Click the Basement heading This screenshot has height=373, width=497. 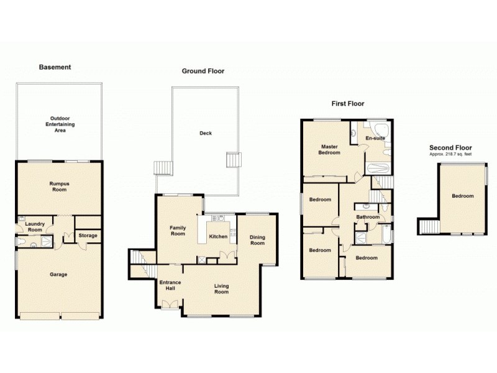click(x=55, y=67)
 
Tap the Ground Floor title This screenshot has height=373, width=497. click(x=203, y=71)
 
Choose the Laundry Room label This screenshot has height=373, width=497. click(x=35, y=227)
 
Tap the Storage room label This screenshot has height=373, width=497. click(x=87, y=236)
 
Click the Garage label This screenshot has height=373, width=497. click(x=58, y=274)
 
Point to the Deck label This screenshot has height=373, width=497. click(x=205, y=133)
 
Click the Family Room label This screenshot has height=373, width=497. click(x=178, y=231)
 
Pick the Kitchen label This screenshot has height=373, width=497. click(x=218, y=237)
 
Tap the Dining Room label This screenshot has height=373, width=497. click(x=257, y=240)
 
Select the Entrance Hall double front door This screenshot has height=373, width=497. click(x=168, y=304)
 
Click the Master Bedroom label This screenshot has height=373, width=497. click(x=329, y=149)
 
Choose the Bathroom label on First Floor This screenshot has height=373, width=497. click(x=367, y=217)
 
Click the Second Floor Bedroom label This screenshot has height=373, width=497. click(x=462, y=196)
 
